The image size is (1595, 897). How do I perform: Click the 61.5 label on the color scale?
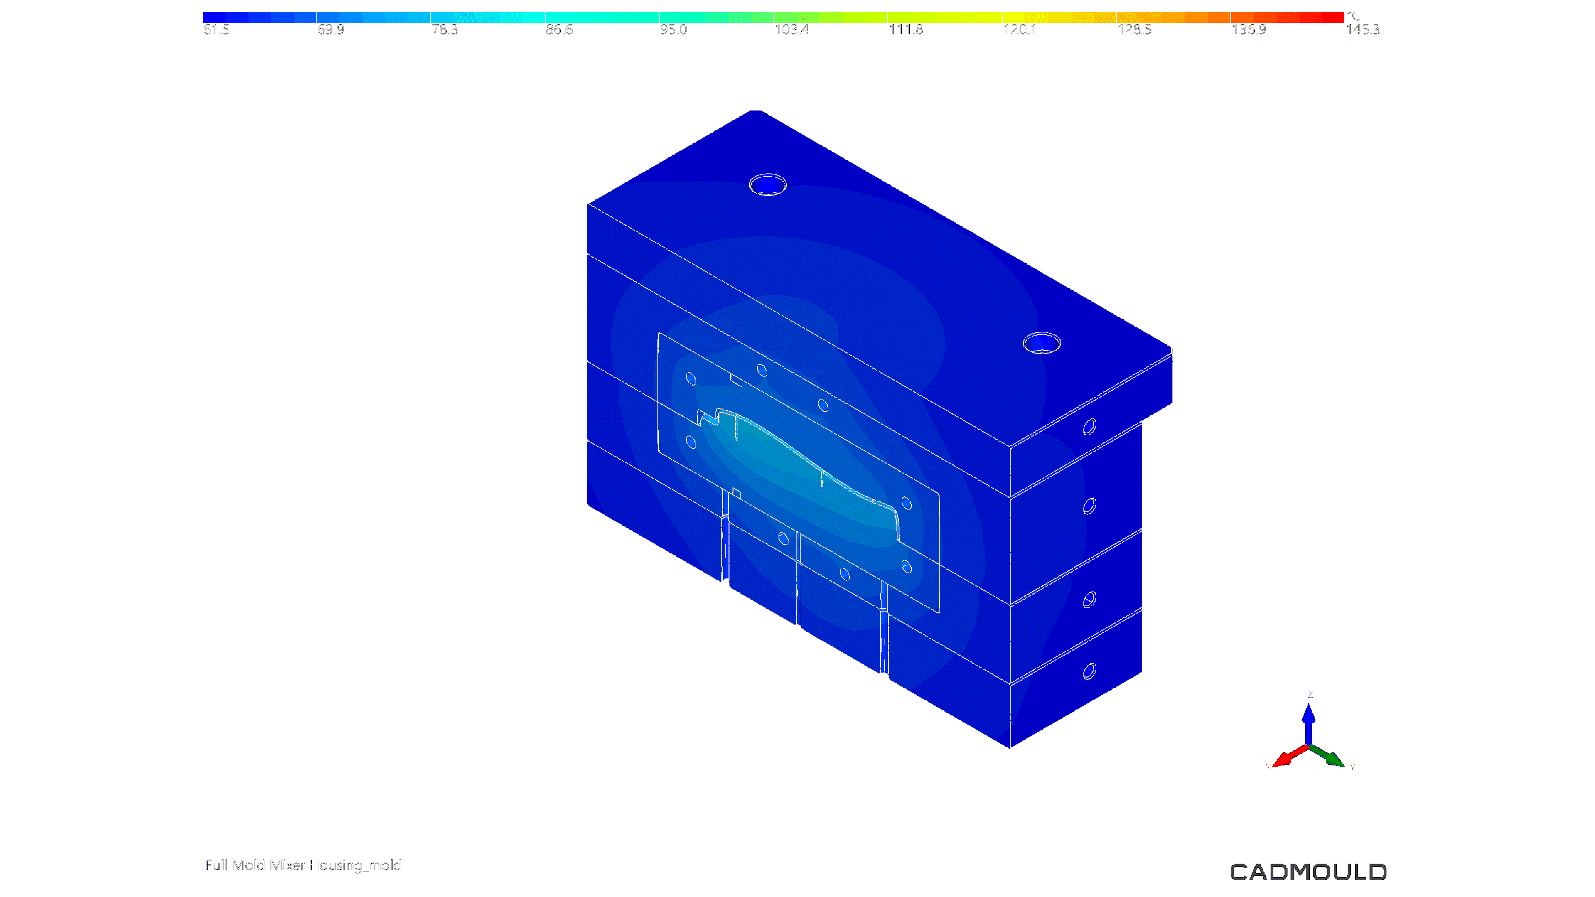[x=216, y=30]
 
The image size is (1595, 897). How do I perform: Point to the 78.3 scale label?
[x=445, y=30]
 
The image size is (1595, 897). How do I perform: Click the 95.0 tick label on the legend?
[x=673, y=30]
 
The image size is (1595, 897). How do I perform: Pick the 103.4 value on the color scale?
[x=791, y=30]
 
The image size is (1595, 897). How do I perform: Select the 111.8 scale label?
[x=906, y=30]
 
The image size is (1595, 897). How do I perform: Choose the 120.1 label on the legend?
[x=1020, y=30]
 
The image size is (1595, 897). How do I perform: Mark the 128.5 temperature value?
[x=1134, y=30]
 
